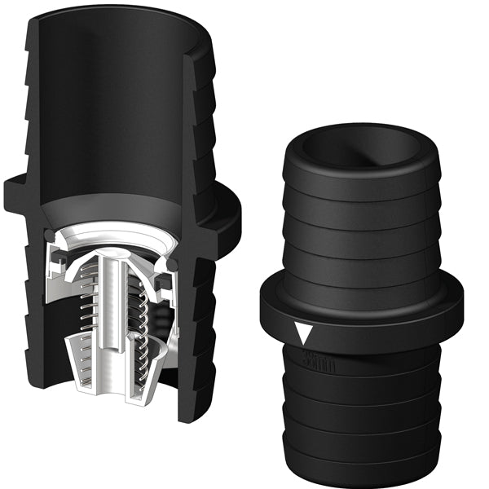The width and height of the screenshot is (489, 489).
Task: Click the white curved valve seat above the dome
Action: [x=122, y=236]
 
